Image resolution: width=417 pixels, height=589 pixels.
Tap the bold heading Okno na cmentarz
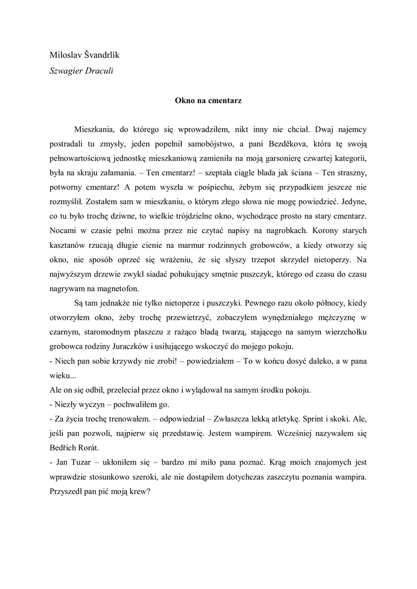[x=208, y=100]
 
